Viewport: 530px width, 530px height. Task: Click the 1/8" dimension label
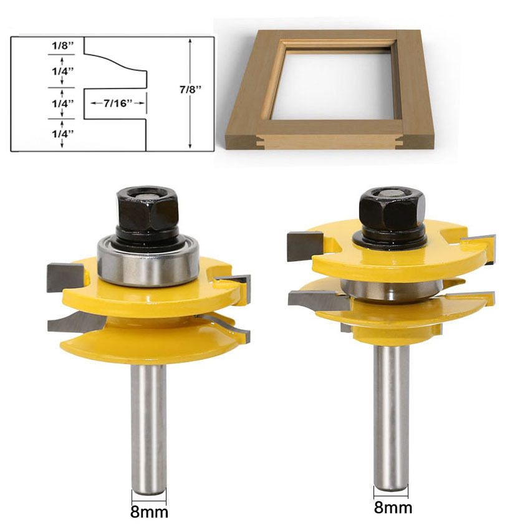click(62, 46)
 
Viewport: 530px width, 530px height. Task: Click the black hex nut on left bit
click(147, 210)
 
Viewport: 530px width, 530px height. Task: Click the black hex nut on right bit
click(392, 209)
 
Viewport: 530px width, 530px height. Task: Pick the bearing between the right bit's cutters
click(392, 289)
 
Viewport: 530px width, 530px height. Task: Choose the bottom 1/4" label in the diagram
click(62, 133)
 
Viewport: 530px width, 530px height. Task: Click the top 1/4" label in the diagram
click(62, 70)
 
